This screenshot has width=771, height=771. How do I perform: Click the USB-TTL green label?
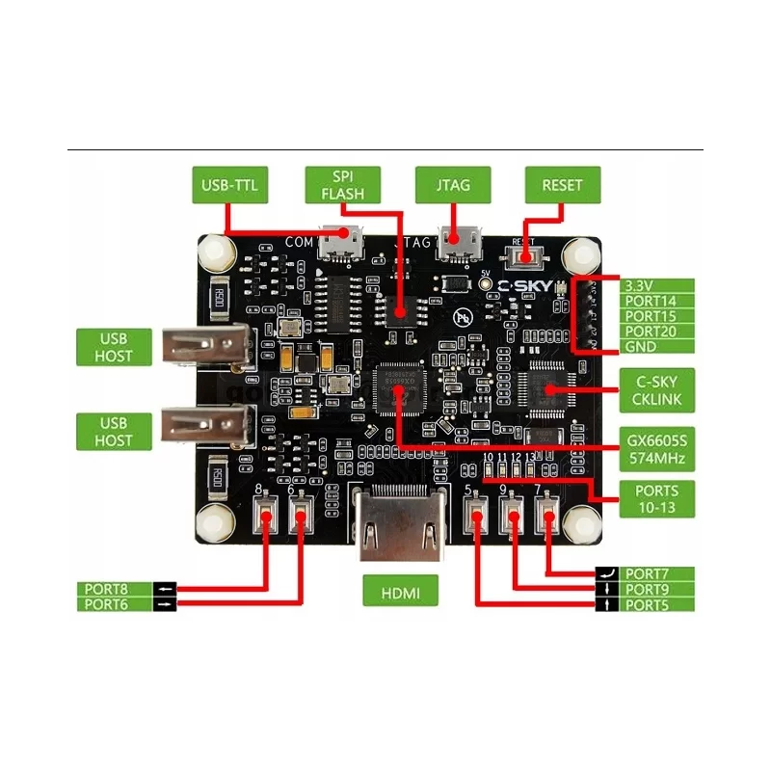pos(230,184)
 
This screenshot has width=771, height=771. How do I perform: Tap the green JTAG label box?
pos(452,184)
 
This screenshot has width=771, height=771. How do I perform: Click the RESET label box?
pos(562,184)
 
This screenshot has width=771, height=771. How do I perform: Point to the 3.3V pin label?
pos(655,286)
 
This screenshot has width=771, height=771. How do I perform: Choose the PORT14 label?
pos(655,302)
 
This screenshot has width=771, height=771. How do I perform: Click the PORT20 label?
pos(655,332)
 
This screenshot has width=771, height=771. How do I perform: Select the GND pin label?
pos(655,347)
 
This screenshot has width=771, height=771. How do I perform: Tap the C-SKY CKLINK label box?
pos(655,390)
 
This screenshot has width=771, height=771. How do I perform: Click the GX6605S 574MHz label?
pos(655,448)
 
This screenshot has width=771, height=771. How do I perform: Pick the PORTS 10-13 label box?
pos(655,498)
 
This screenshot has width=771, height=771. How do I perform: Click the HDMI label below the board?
pos(401,591)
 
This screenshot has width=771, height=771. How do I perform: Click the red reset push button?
pos(524,257)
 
